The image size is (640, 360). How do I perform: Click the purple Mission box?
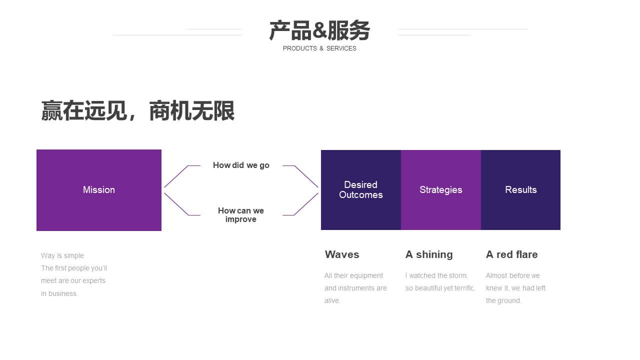point(99,190)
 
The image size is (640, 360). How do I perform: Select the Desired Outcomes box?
point(361,190)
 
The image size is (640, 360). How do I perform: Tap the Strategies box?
point(441,190)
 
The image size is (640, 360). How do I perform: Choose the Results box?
point(520,190)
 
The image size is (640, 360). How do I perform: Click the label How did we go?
point(241,165)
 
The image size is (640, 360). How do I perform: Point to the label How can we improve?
point(241,215)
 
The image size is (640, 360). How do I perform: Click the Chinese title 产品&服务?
point(319,30)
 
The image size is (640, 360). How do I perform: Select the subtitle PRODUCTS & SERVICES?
point(319,48)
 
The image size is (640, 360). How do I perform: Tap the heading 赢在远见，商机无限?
point(138,110)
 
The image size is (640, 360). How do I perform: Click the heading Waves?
point(342,254)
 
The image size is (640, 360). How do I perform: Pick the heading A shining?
point(429,254)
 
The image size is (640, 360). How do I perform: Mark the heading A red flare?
point(511,254)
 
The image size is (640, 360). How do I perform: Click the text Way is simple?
point(62,255)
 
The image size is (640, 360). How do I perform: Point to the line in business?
point(59,293)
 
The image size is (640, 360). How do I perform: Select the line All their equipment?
point(353,275)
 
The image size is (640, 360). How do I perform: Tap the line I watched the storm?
point(436,275)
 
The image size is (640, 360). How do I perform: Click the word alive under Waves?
point(331,300)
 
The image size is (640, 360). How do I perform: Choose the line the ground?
point(503,301)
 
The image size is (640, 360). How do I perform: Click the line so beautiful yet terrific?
point(440,288)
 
